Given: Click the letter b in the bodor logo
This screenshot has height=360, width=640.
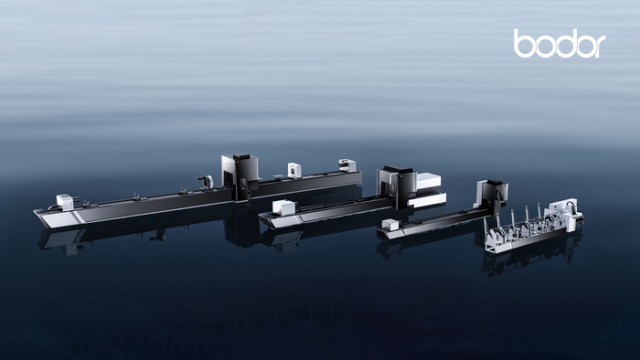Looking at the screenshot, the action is (x=523, y=44).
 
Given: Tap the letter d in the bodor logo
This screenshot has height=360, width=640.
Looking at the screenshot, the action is (x=564, y=44).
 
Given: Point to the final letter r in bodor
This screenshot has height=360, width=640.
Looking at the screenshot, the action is (x=600, y=47).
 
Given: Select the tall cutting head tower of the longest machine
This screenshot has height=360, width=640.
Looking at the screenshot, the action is (x=240, y=175).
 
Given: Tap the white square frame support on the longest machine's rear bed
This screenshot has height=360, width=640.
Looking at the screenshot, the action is (x=293, y=170).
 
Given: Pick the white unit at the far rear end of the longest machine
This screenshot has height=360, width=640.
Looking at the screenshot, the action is (x=347, y=165).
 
